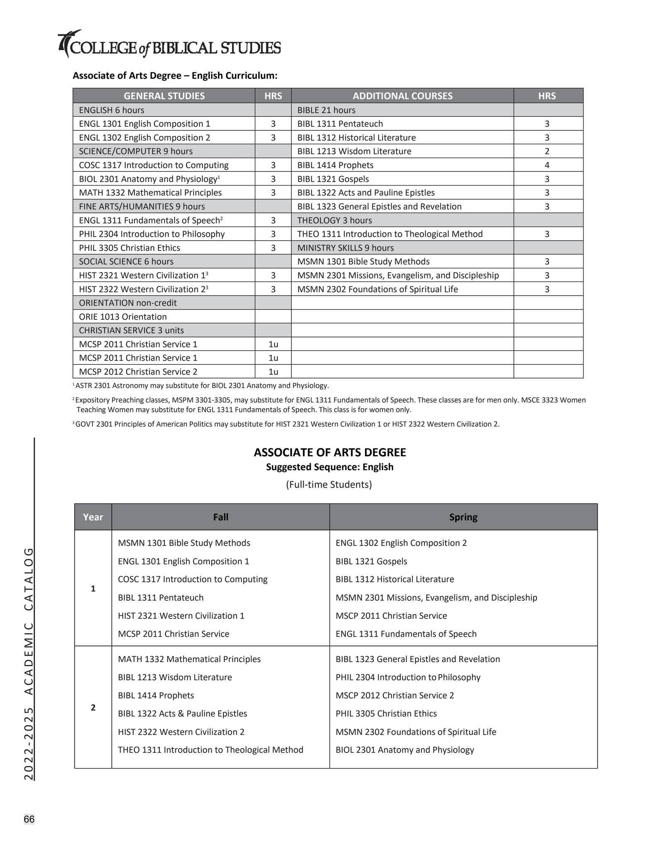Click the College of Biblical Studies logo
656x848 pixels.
click(x=169, y=45)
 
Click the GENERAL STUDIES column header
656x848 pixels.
click(x=164, y=96)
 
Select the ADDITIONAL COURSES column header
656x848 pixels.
click(x=402, y=96)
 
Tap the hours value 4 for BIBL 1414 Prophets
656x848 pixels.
click(x=547, y=165)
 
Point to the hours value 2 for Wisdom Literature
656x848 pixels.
click(x=547, y=151)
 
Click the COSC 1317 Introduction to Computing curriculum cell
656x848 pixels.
click(x=154, y=165)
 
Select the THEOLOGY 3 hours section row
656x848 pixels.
click(x=334, y=220)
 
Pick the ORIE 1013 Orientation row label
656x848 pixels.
click(x=123, y=317)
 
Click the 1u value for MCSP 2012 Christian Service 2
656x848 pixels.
click(x=273, y=372)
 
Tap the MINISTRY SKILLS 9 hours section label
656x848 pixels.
click(x=345, y=248)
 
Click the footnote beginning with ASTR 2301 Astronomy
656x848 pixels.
click(x=201, y=386)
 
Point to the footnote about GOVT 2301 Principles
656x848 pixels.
click(x=287, y=424)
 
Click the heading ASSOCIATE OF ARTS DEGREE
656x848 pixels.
click(x=330, y=452)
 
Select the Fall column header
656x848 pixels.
click(x=220, y=517)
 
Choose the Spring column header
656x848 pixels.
click(x=463, y=517)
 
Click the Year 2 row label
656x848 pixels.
click(x=93, y=707)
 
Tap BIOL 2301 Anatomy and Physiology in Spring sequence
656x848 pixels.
click(x=404, y=750)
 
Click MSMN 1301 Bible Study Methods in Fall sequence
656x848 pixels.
click(x=184, y=543)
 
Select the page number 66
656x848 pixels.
click(x=29, y=819)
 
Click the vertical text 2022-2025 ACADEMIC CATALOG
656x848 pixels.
click(x=28, y=664)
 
